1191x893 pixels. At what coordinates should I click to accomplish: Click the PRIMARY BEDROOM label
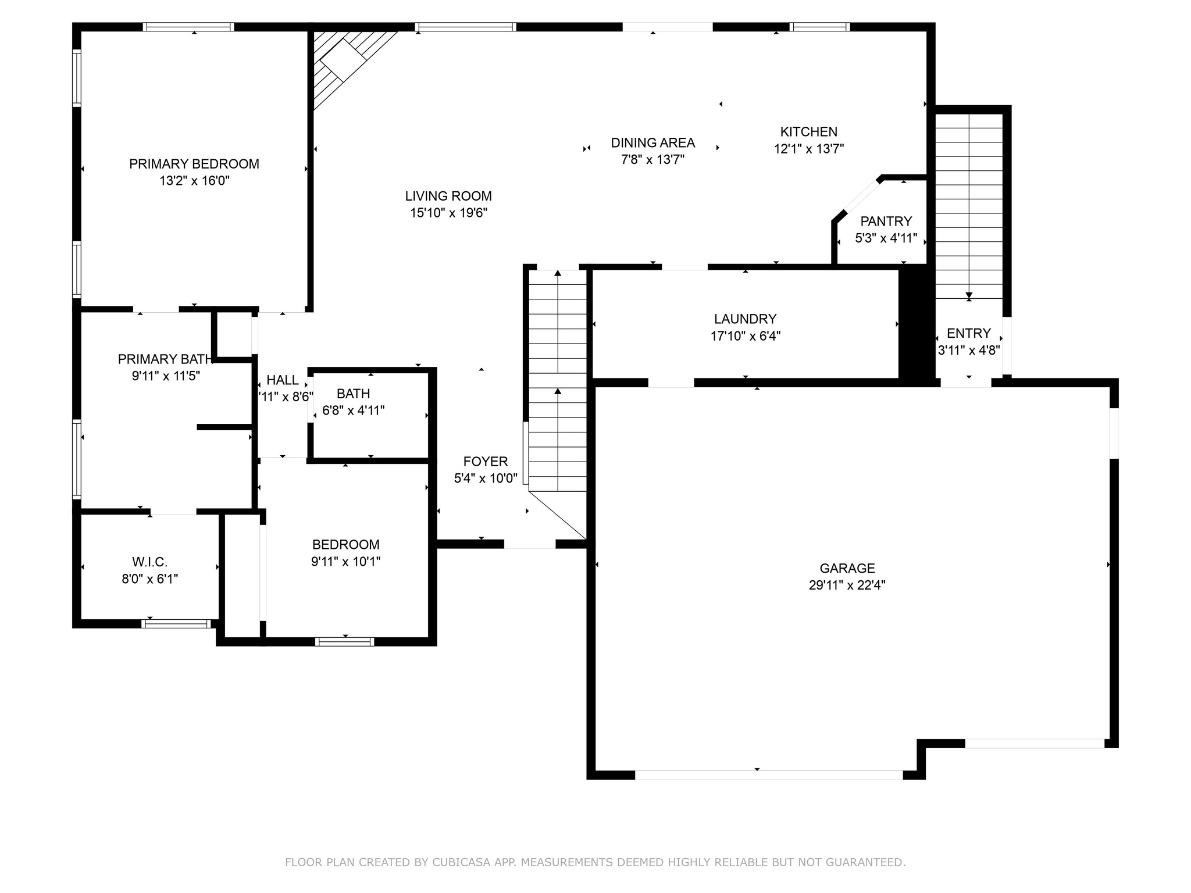pyautogui.click(x=194, y=164)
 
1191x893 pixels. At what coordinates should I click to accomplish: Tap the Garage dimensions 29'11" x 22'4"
pyautogui.click(x=847, y=585)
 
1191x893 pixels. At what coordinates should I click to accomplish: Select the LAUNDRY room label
pyautogui.click(x=745, y=319)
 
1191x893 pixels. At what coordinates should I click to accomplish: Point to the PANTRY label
pyautogui.click(x=886, y=221)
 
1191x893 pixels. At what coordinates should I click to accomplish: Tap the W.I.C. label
pyautogui.click(x=149, y=562)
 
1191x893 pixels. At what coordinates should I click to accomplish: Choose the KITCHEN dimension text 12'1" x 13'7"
pyautogui.click(x=808, y=148)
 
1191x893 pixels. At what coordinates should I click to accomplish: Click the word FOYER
pyautogui.click(x=486, y=462)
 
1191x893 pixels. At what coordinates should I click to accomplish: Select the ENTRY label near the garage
pyautogui.click(x=968, y=333)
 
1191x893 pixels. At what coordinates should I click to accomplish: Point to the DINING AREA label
pyautogui.click(x=652, y=142)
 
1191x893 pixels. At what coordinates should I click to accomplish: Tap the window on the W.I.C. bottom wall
pyautogui.click(x=176, y=623)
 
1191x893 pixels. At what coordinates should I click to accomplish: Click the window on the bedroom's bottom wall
pyautogui.click(x=344, y=641)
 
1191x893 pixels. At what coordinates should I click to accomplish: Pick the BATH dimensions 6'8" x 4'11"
pyautogui.click(x=353, y=410)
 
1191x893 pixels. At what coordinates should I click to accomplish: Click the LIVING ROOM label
pyautogui.click(x=448, y=196)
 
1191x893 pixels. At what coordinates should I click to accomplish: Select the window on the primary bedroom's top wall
pyautogui.click(x=188, y=27)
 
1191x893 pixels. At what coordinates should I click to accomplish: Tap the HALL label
pyautogui.click(x=283, y=380)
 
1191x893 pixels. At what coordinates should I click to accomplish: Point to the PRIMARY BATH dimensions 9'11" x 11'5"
pyautogui.click(x=166, y=376)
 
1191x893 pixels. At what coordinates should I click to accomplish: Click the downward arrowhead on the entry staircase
pyautogui.click(x=969, y=295)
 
